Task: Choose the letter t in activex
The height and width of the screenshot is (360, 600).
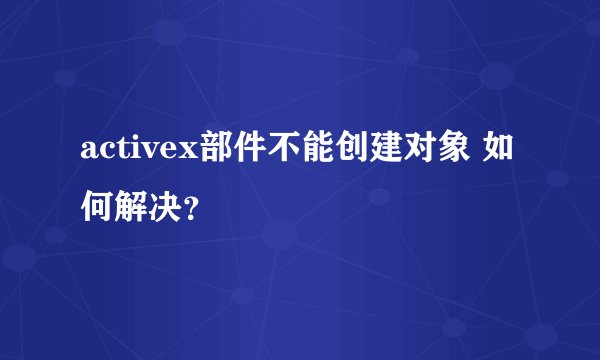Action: click(122, 152)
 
